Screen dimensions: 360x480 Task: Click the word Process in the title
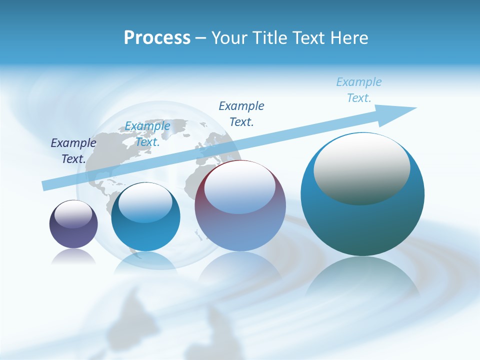tap(157, 38)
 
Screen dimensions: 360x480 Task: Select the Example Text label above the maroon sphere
tap(241, 114)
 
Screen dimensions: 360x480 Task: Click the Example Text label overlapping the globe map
tap(147, 134)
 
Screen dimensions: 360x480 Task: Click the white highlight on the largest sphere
tap(361, 167)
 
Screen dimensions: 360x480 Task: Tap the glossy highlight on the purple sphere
tap(73, 214)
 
